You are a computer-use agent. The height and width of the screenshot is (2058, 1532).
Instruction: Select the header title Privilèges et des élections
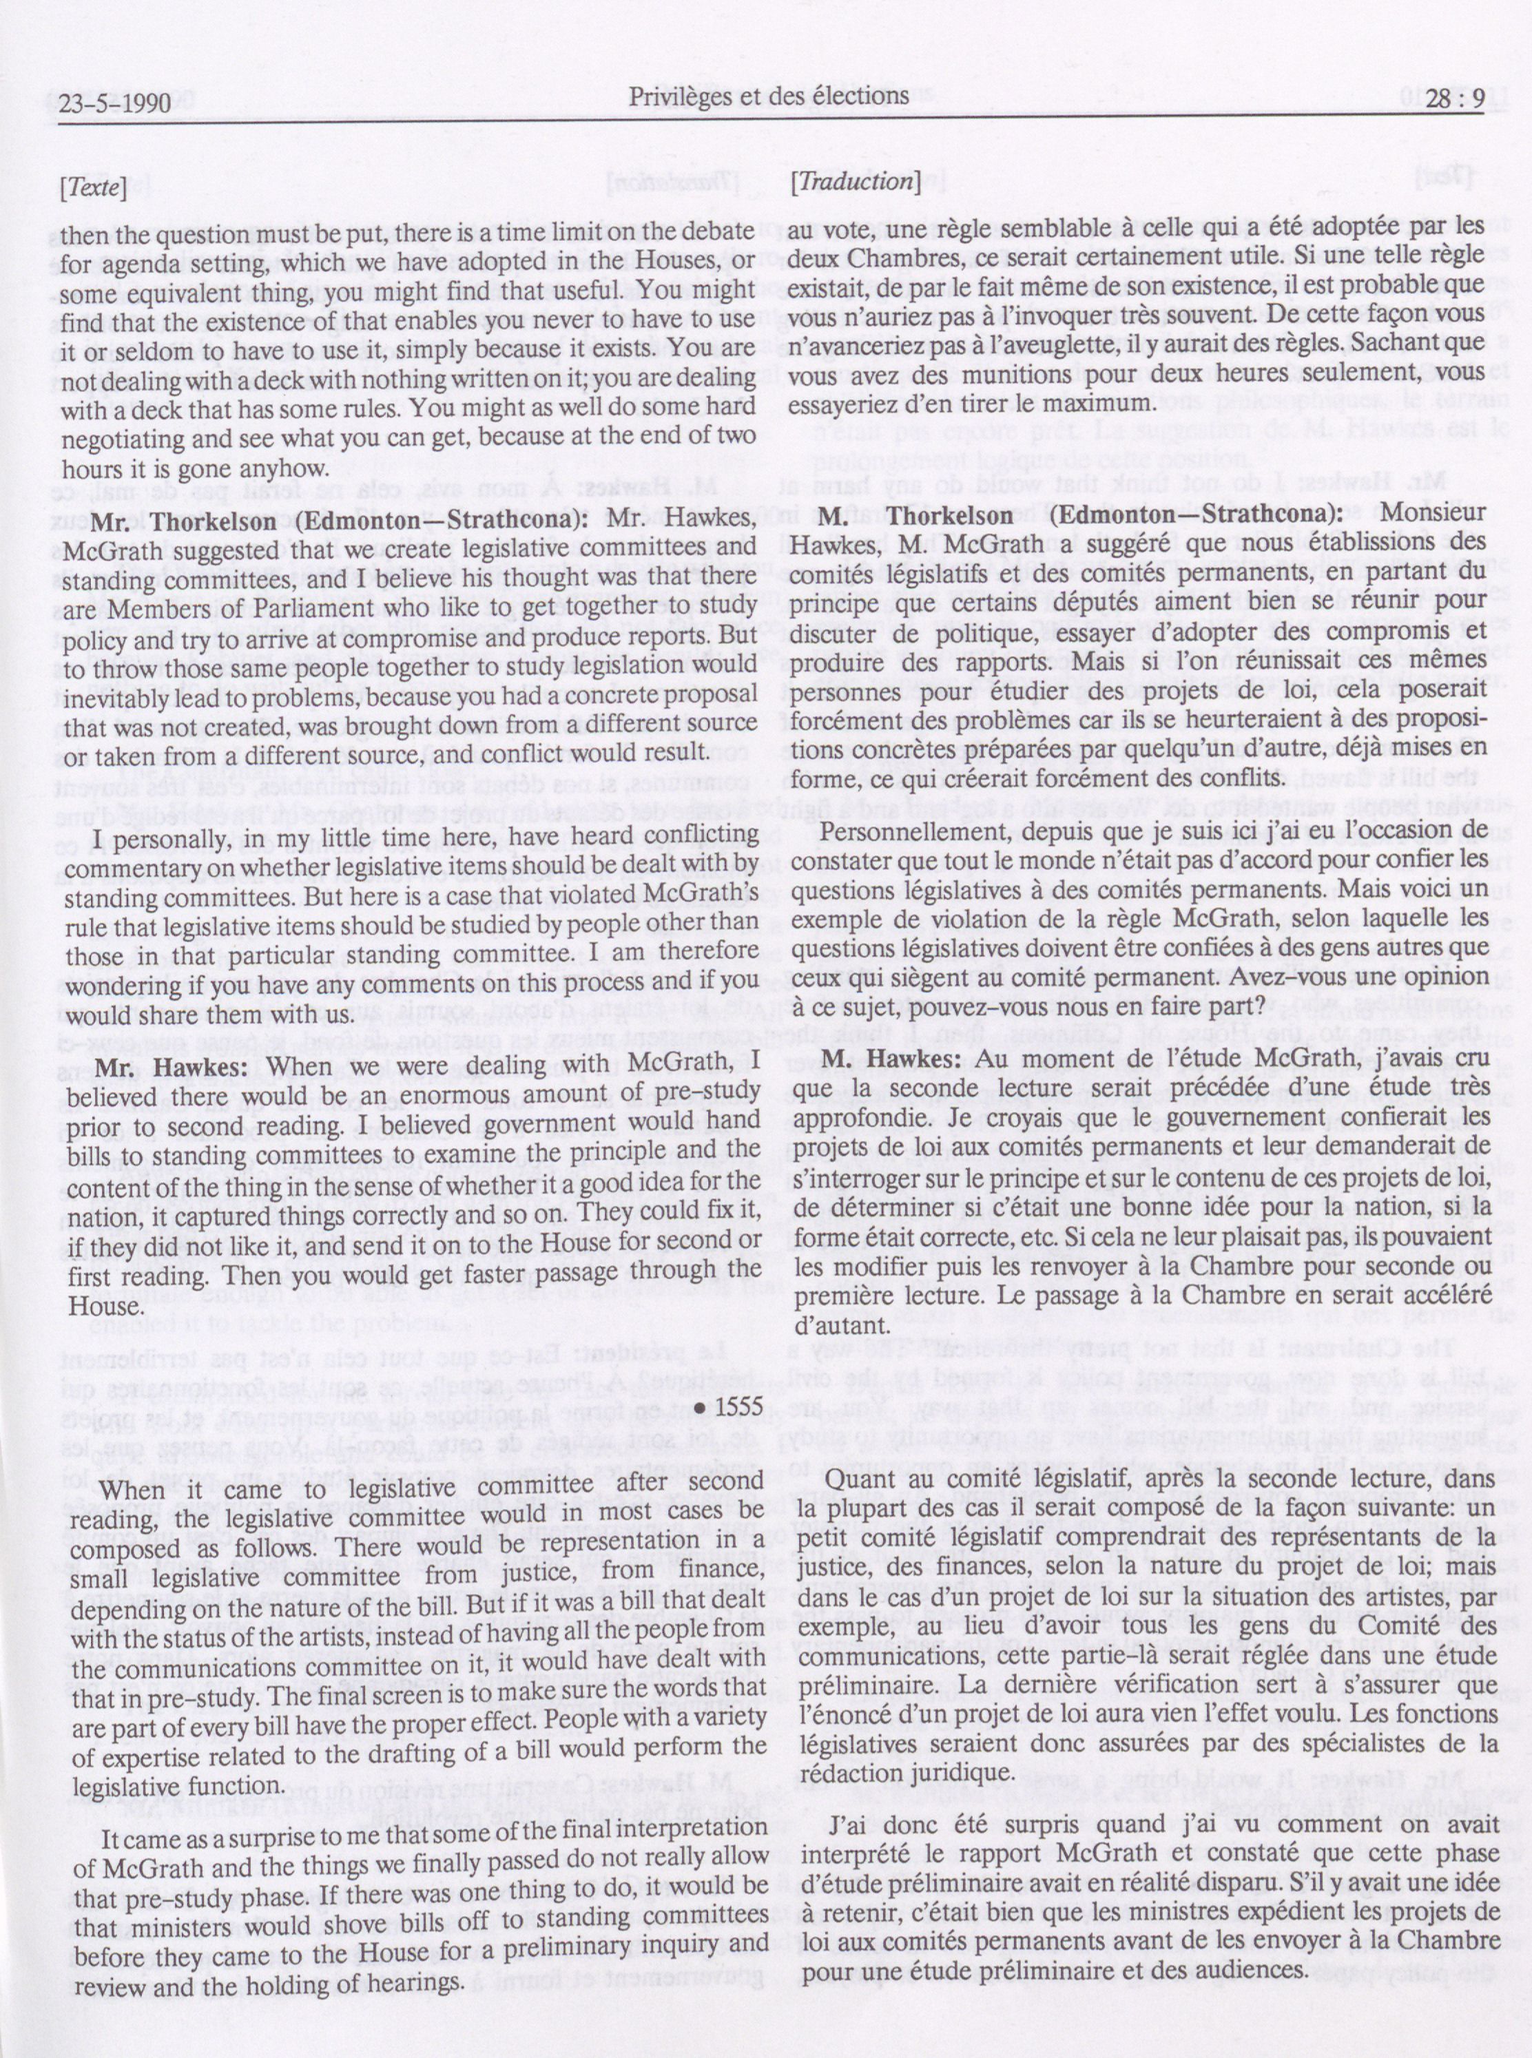(x=768, y=96)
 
